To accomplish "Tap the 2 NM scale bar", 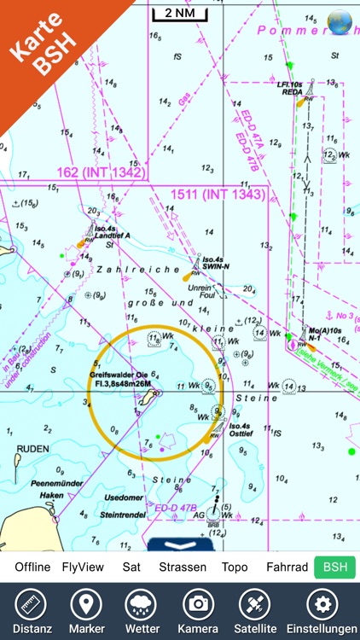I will pos(179,14).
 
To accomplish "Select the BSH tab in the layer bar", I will pos(334,567).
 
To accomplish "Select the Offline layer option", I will pos(32,567).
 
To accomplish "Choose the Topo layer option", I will pos(235,567).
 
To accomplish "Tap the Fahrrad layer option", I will pos(287,567).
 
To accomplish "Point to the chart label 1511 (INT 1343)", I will pos(218,195).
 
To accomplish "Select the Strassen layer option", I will pos(183,567).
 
